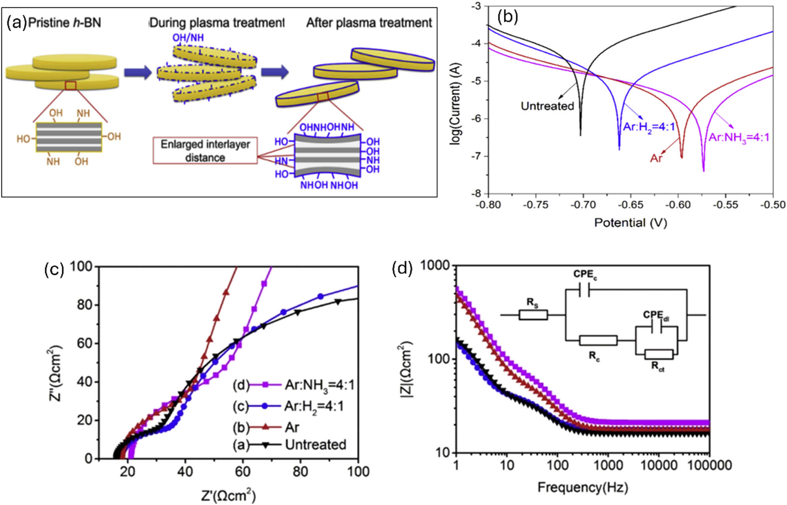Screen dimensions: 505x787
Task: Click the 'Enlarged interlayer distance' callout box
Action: tap(205, 151)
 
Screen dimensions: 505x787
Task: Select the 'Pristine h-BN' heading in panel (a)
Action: tap(65, 22)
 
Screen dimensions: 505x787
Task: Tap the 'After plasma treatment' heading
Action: tap(369, 22)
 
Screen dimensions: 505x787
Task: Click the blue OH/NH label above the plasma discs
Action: tap(188, 38)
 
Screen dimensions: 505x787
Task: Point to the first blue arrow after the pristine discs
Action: tap(138, 72)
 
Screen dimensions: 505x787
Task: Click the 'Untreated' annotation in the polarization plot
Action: tap(547, 106)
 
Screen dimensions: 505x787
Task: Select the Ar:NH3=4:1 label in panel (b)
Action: tap(739, 138)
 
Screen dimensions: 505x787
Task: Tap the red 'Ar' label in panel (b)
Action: tap(656, 158)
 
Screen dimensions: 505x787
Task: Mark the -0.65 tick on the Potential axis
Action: tap(631, 205)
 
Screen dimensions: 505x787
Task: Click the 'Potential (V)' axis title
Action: tap(630, 223)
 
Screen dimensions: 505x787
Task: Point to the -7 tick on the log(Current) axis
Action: tap(476, 156)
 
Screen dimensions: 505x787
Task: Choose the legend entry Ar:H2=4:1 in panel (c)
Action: tap(314, 406)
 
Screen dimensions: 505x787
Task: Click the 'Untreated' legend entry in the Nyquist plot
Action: tap(315, 444)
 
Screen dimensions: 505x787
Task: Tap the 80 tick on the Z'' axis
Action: tap(84, 305)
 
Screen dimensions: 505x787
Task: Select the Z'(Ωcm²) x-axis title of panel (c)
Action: tap(228, 495)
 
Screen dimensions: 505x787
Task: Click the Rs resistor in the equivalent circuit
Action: tap(533, 315)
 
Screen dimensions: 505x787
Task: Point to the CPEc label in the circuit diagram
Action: tap(585, 274)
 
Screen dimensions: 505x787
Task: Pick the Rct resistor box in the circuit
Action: tap(659, 354)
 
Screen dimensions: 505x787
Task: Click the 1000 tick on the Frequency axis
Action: tap(608, 466)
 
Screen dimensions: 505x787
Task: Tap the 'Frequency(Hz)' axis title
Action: tap(583, 487)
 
